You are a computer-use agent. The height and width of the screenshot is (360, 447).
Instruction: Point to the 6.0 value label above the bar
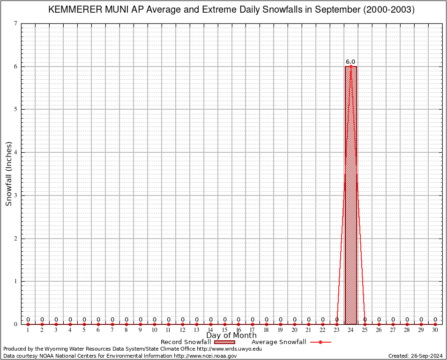(350, 62)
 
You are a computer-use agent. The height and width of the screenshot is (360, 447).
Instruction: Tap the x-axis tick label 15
(224, 330)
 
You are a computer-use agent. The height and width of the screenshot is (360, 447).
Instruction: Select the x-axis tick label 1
(28, 330)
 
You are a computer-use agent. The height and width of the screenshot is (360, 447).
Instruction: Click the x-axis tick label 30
(435, 330)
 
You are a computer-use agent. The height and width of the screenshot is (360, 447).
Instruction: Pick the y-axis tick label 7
(16, 23)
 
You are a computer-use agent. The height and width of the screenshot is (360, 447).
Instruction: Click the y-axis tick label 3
(16, 195)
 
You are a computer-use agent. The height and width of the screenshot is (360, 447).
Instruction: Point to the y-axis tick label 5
(16, 109)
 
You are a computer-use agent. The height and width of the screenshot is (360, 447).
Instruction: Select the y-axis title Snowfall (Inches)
(8, 173)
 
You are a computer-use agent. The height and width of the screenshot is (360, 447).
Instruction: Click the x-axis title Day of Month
(231, 336)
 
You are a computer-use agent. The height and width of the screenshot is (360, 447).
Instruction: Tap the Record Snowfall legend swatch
(225, 342)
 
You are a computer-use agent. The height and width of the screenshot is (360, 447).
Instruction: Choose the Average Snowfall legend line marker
(320, 342)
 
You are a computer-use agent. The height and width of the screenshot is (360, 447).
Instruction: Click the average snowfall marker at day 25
(365, 324)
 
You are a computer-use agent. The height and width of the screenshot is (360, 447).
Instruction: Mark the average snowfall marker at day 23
(336, 324)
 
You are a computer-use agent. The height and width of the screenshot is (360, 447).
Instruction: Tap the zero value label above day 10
(154, 320)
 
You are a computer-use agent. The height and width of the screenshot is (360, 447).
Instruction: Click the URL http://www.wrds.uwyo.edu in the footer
(229, 349)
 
